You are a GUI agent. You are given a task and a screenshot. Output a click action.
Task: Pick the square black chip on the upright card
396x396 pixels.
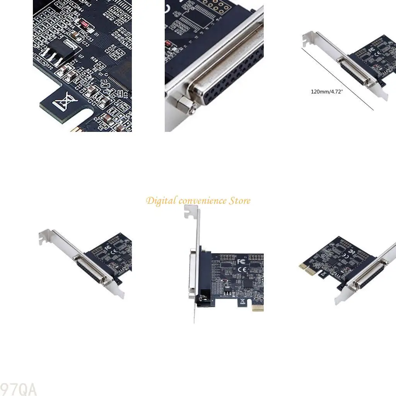tap(246, 284)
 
